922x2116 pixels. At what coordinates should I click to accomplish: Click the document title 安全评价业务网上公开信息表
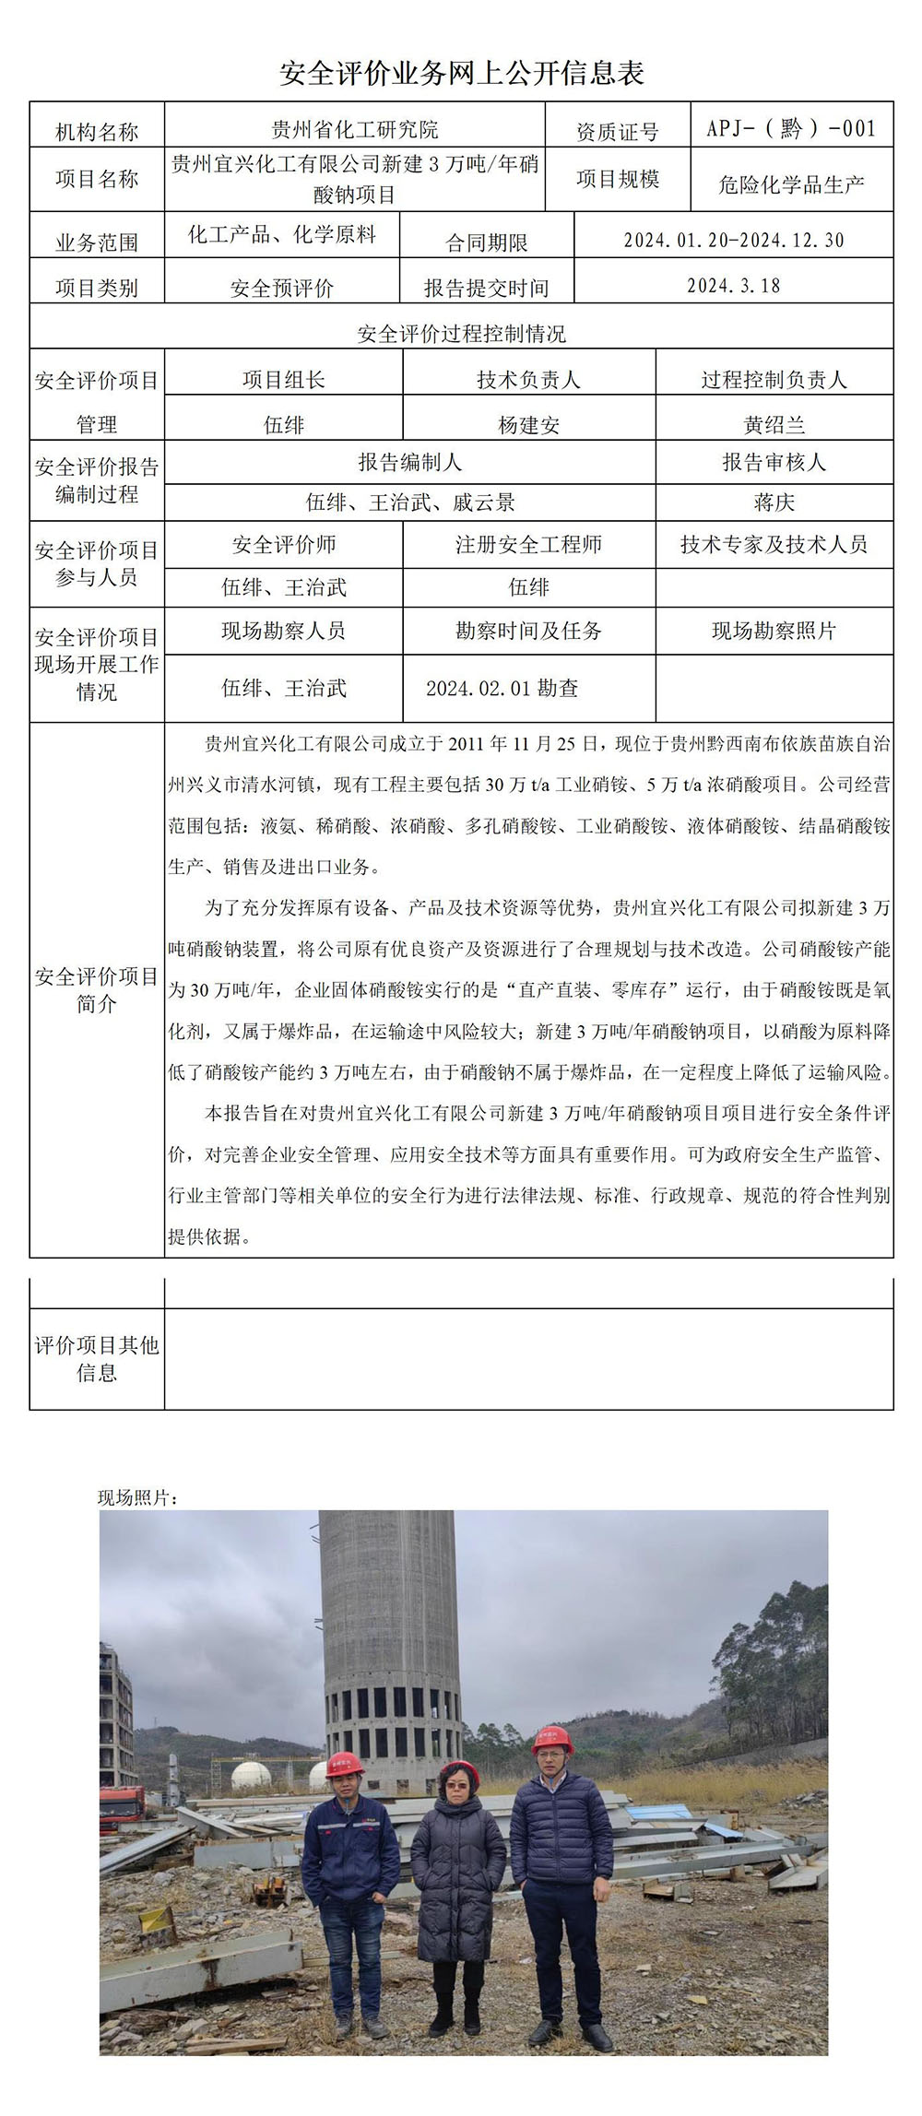click(461, 74)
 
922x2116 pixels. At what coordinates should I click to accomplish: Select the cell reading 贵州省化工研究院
click(355, 130)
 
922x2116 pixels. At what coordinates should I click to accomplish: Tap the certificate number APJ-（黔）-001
click(791, 128)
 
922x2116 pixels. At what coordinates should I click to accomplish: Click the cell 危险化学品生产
click(791, 184)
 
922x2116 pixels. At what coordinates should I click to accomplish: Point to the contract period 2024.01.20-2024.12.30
click(734, 241)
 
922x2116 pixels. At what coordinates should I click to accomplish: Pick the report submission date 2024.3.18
click(734, 286)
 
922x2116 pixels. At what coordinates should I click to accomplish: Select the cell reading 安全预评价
click(282, 289)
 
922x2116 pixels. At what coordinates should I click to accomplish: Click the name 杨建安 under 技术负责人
click(529, 425)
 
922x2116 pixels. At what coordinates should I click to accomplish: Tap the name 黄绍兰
click(774, 425)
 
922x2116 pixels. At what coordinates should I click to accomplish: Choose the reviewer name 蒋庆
click(774, 502)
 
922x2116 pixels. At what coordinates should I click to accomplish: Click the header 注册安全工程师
click(529, 545)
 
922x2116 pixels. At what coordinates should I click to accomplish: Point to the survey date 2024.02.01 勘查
click(502, 688)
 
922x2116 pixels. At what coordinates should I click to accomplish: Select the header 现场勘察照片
click(774, 632)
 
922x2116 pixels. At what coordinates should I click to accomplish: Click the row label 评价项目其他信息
click(97, 1359)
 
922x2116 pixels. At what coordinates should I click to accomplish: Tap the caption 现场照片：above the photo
click(138, 1498)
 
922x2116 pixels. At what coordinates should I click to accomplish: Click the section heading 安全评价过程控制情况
click(461, 334)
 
